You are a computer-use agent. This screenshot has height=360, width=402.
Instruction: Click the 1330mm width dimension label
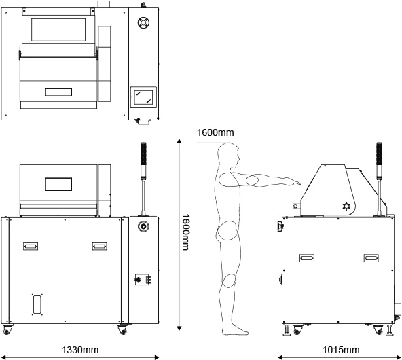click(80, 350)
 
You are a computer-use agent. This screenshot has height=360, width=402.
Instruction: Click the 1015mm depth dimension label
click(341, 350)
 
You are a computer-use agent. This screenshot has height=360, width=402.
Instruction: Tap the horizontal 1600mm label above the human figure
click(215, 132)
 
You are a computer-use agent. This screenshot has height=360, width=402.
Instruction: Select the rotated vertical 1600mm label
click(185, 232)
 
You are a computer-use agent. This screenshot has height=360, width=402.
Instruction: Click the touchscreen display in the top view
click(143, 97)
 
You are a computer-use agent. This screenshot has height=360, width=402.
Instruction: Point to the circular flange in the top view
click(144, 22)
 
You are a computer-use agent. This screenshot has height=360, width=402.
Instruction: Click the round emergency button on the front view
click(143, 226)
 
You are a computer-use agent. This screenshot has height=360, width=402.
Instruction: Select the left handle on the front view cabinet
click(31, 247)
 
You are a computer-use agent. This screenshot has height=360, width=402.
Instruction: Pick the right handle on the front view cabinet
click(100, 247)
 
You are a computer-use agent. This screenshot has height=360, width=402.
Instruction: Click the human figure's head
click(229, 154)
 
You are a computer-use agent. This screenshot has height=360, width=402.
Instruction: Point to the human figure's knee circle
click(229, 281)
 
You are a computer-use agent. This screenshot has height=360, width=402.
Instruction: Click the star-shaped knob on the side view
click(346, 206)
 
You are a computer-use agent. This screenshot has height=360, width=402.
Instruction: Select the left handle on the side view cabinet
click(307, 258)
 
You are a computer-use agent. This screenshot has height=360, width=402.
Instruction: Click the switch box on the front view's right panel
click(143, 279)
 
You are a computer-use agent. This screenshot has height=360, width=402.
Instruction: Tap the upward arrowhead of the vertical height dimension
click(179, 141)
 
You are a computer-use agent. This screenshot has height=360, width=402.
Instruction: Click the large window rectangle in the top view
click(58, 29)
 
